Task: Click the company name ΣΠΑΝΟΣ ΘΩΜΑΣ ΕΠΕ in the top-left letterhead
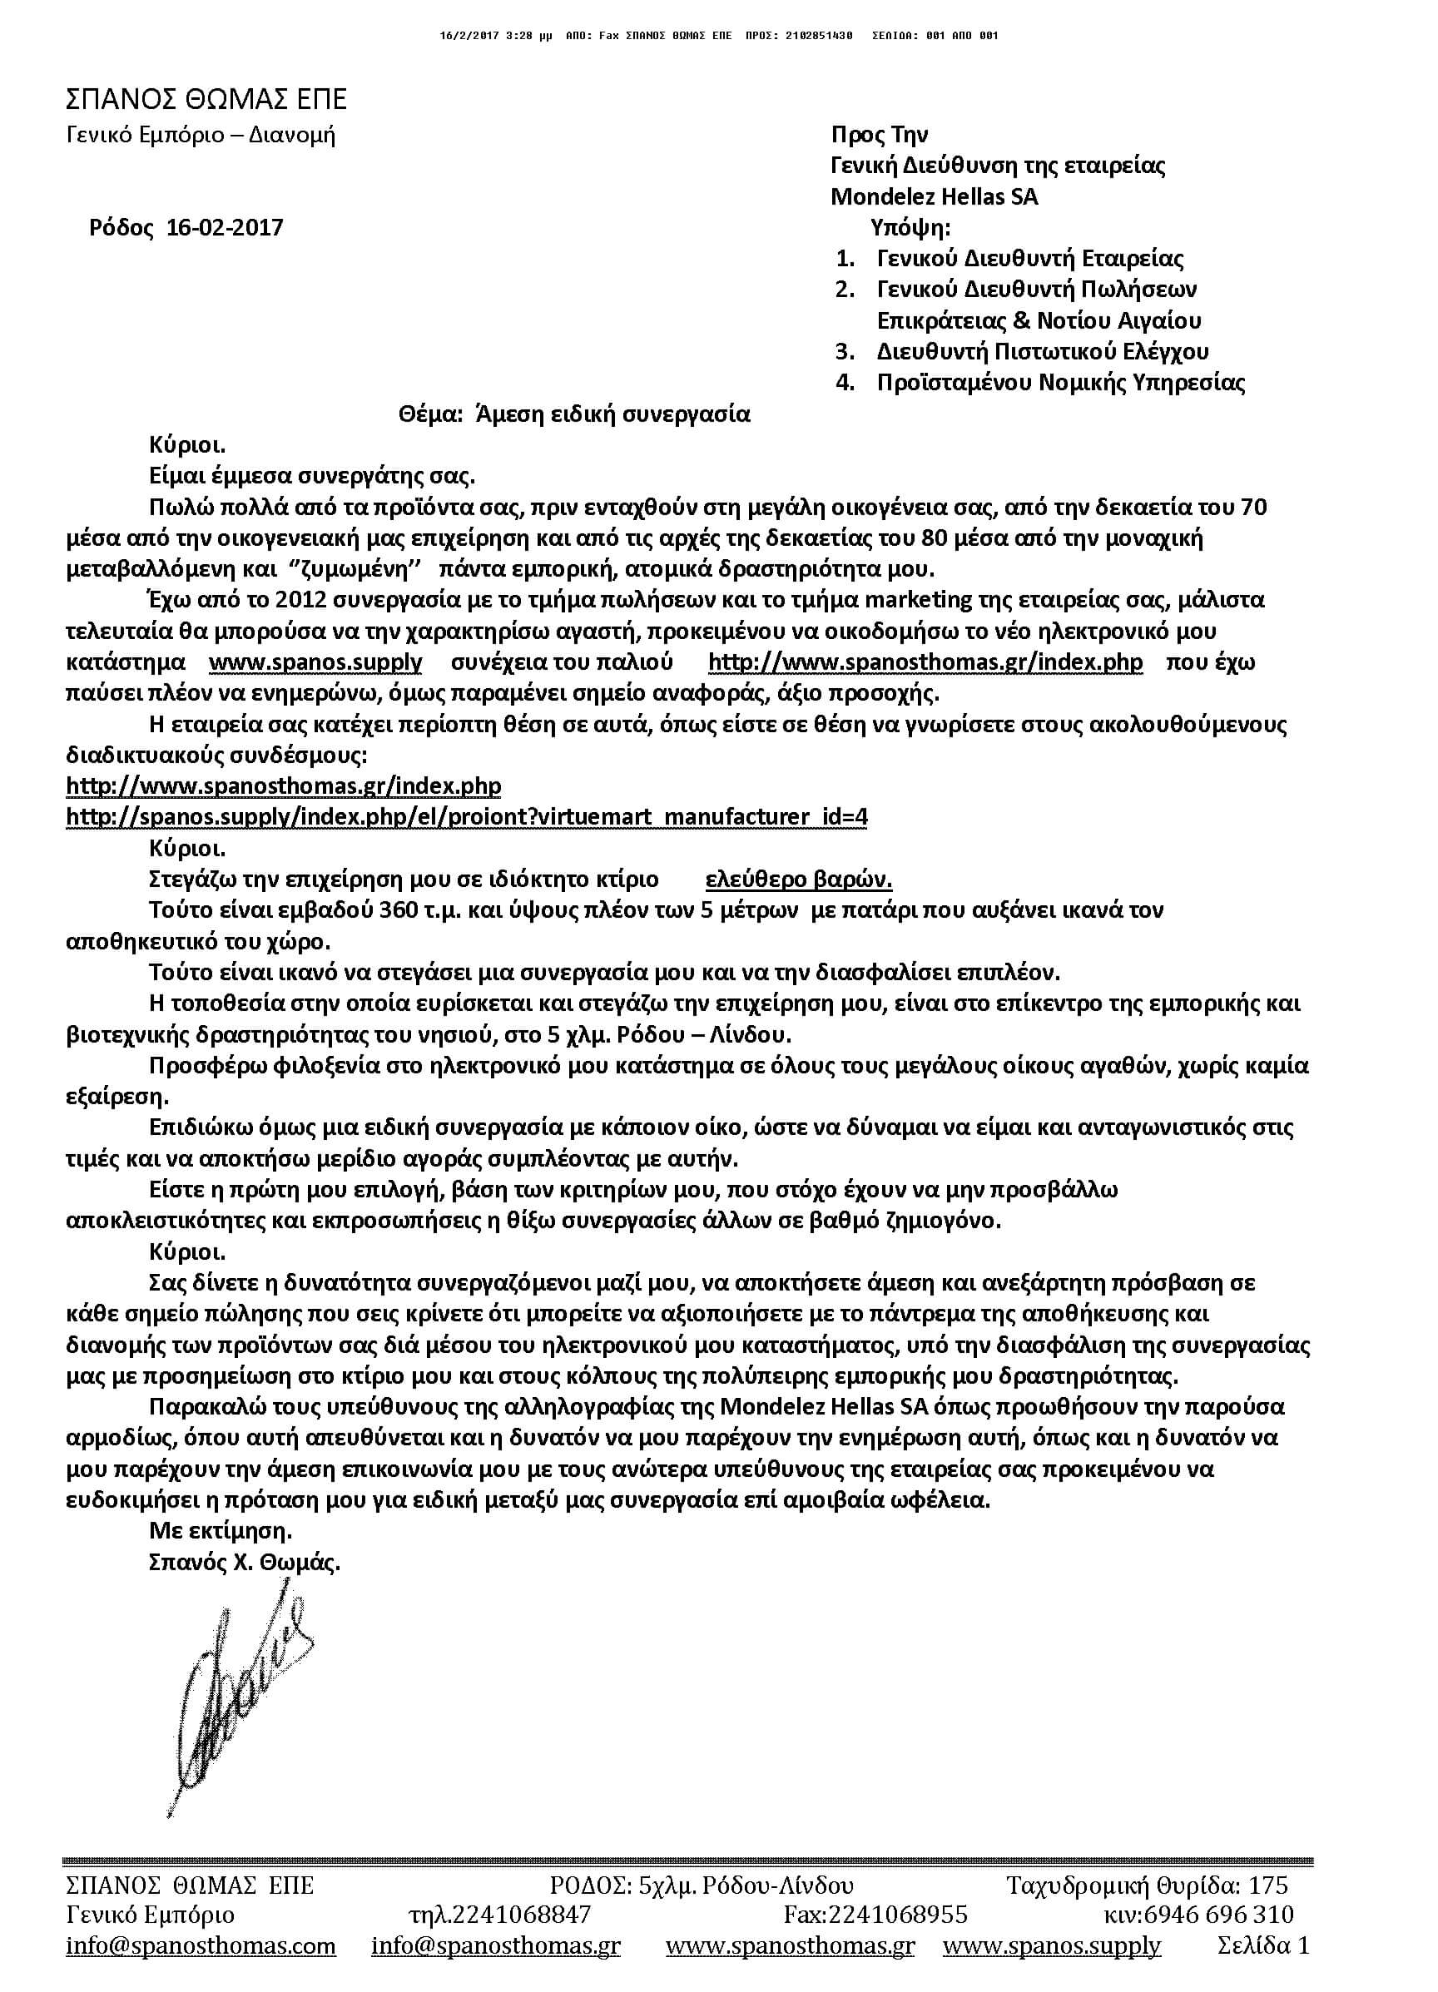tap(206, 99)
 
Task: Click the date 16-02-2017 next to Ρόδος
tap(225, 228)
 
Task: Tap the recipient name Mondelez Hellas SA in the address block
tap(934, 196)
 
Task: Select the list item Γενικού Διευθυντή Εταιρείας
tap(1029, 259)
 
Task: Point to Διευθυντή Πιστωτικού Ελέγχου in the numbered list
tap(1042, 352)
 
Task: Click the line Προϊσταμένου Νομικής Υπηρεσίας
tap(1060, 383)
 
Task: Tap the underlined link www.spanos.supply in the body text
tap(315, 662)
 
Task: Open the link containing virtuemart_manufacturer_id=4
tap(467, 817)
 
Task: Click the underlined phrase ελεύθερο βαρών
tap(799, 880)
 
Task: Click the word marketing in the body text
tap(919, 600)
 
